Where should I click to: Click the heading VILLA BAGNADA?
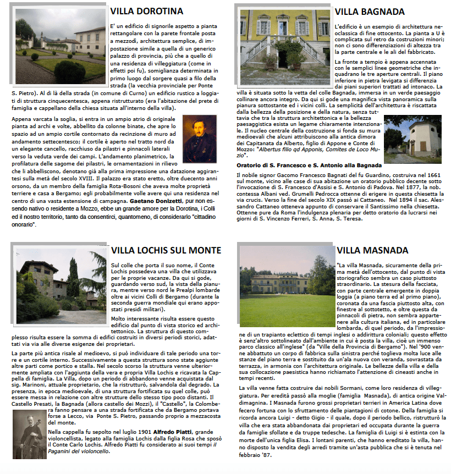370,11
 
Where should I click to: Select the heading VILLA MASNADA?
372,250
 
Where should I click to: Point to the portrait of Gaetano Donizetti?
200,138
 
